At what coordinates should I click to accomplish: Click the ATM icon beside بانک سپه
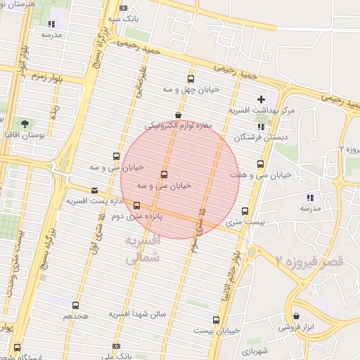(124, 8)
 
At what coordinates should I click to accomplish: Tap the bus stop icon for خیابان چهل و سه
(191, 79)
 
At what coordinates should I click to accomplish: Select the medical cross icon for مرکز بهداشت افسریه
(262, 99)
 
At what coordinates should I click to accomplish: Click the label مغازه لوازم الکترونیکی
(183, 126)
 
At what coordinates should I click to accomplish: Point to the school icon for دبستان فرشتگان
(261, 127)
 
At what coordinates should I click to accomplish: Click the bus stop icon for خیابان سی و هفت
(261, 165)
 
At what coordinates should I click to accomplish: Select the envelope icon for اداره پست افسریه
(94, 191)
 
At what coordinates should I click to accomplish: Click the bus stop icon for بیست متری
(245, 210)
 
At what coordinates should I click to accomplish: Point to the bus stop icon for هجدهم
(75, 305)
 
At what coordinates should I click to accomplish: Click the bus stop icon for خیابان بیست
(224, 319)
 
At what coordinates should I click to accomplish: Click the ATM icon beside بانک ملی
(115, 347)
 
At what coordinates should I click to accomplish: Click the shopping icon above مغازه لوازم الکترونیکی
(178, 114)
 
